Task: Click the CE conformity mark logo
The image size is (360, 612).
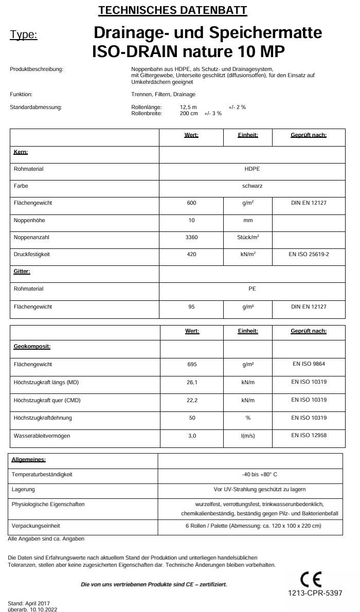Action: [311, 580]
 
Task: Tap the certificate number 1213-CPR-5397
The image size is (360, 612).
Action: [315, 593]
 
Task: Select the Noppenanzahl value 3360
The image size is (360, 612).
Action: [191, 237]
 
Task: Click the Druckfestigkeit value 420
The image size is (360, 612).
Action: [191, 254]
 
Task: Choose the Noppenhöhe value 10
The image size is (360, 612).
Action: [191, 220]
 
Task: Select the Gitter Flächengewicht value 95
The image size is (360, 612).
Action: [191, 307]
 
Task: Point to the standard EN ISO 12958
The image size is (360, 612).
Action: [309, 435]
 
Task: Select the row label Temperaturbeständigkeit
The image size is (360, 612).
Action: [42, 474]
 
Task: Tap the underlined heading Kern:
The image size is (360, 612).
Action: [21, 152]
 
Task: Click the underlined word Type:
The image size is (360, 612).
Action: [24, 35]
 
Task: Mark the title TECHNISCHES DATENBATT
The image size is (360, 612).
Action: [172, 10]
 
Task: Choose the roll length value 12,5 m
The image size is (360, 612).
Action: [188, 107]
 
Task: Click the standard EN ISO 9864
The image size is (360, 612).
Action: [309, 364]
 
